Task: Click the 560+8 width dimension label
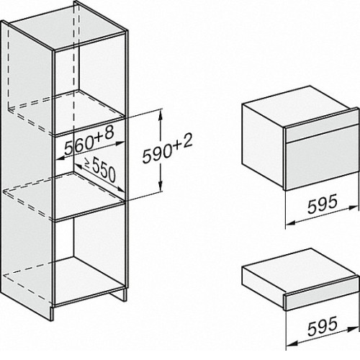pyautogui.click(x=89, y=141)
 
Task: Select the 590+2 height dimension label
pyautogui.click(x=167, y=149)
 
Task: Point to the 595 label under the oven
pyautogui.click(x=323, y=204)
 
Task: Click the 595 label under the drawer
pyautogui.click(x=323, y=325)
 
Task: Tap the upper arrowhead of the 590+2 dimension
pyautogui.click(x=161, y=114)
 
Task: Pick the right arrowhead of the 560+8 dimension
pyautogui.click(x=120, y=143)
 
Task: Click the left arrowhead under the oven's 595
pyautogui.click(x=291, y=223)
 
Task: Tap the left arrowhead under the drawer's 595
pyautogui.click(x=291, y=345)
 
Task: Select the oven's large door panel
pyautogui.click(x=322, y=165)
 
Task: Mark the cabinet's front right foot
pyautogui.click(x=53, y=312)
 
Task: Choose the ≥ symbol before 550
pyautogui.click(x=87, y=163)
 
